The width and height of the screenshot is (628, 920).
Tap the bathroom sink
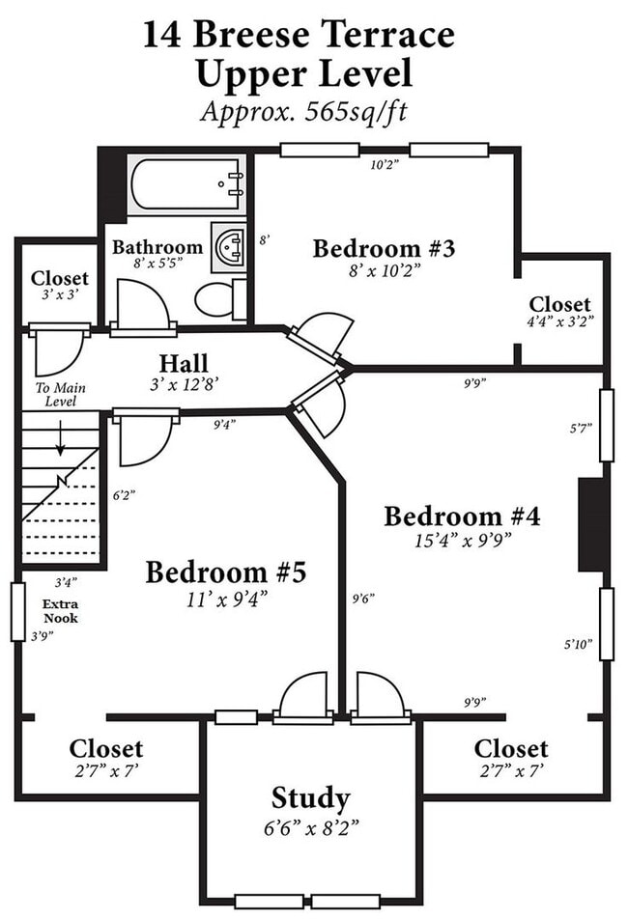[229, 247]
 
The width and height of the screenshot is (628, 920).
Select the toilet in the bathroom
[221, 300]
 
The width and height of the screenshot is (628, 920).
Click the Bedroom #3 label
[384, 248]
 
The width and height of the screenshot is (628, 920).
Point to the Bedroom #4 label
[462, 516]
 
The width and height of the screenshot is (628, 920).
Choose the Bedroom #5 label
[226, 572]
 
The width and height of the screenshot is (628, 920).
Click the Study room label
[311, 798]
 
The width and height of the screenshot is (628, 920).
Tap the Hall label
[184, 363]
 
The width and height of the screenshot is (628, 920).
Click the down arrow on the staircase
[60, 437]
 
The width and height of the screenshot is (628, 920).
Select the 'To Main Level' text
[61, 394]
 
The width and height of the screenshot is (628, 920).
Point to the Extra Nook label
[61, 611]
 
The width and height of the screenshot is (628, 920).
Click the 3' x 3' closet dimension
[60, 295]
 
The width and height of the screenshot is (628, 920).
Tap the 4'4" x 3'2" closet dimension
[559, 321]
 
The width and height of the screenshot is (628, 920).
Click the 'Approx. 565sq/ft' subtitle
[303, 110]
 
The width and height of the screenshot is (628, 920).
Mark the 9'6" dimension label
[363, 599]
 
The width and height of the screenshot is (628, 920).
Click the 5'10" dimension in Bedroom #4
[578, 644]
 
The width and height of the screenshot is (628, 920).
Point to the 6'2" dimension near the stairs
[124, 495]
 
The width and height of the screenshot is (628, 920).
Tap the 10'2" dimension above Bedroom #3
[385, 165]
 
